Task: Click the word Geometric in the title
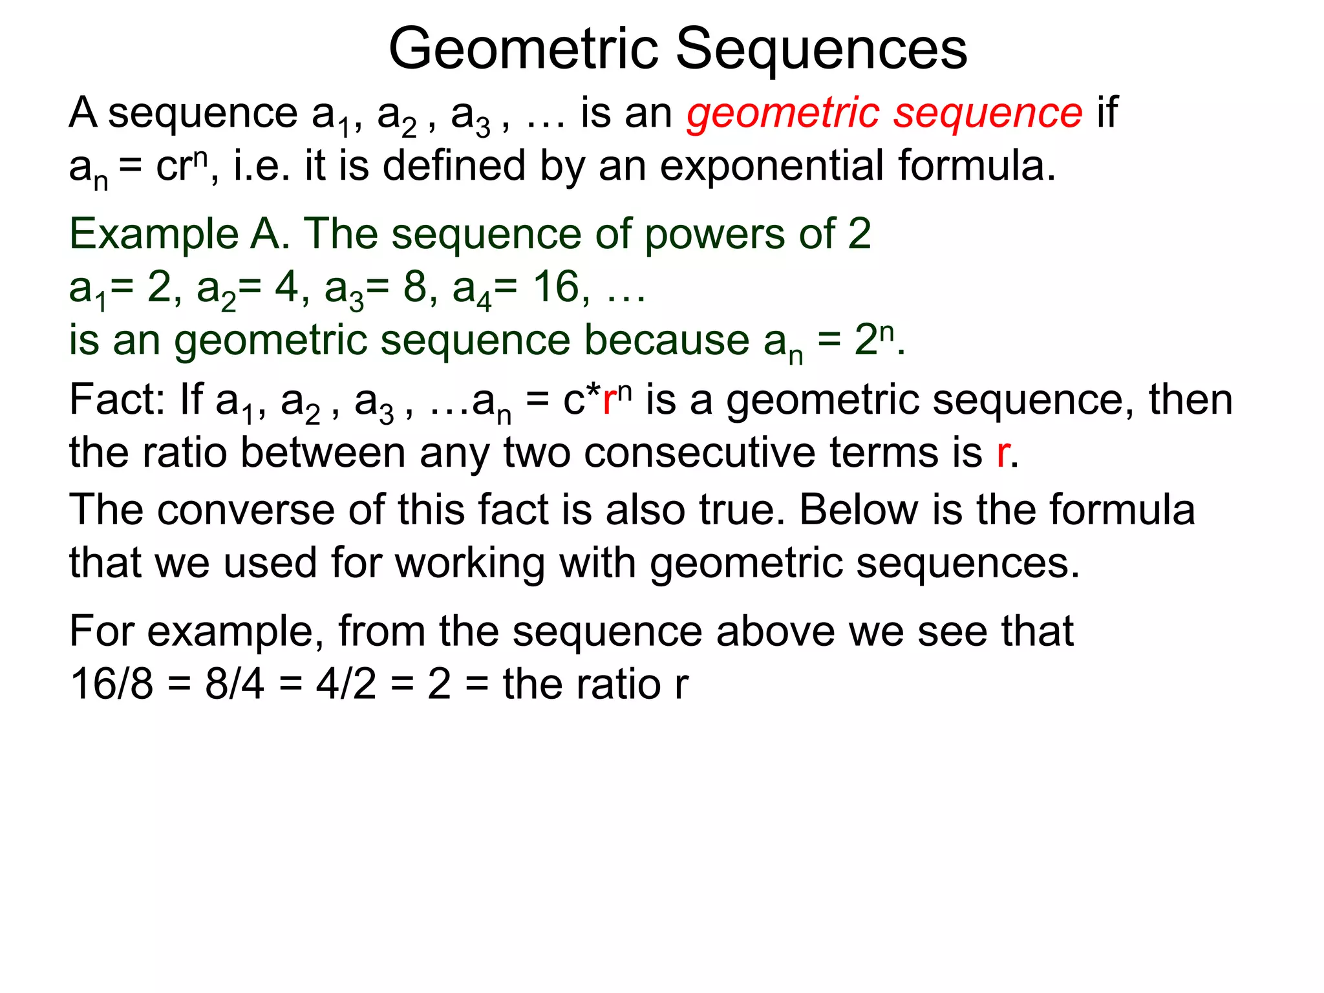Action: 524,50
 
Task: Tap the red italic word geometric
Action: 783,114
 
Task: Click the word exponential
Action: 772,166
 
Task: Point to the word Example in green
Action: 154,233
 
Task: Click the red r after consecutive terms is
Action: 1003,453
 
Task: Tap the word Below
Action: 859,510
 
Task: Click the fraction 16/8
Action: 112,684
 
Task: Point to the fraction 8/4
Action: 235,684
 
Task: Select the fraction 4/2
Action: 346,684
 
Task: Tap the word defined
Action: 454,166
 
